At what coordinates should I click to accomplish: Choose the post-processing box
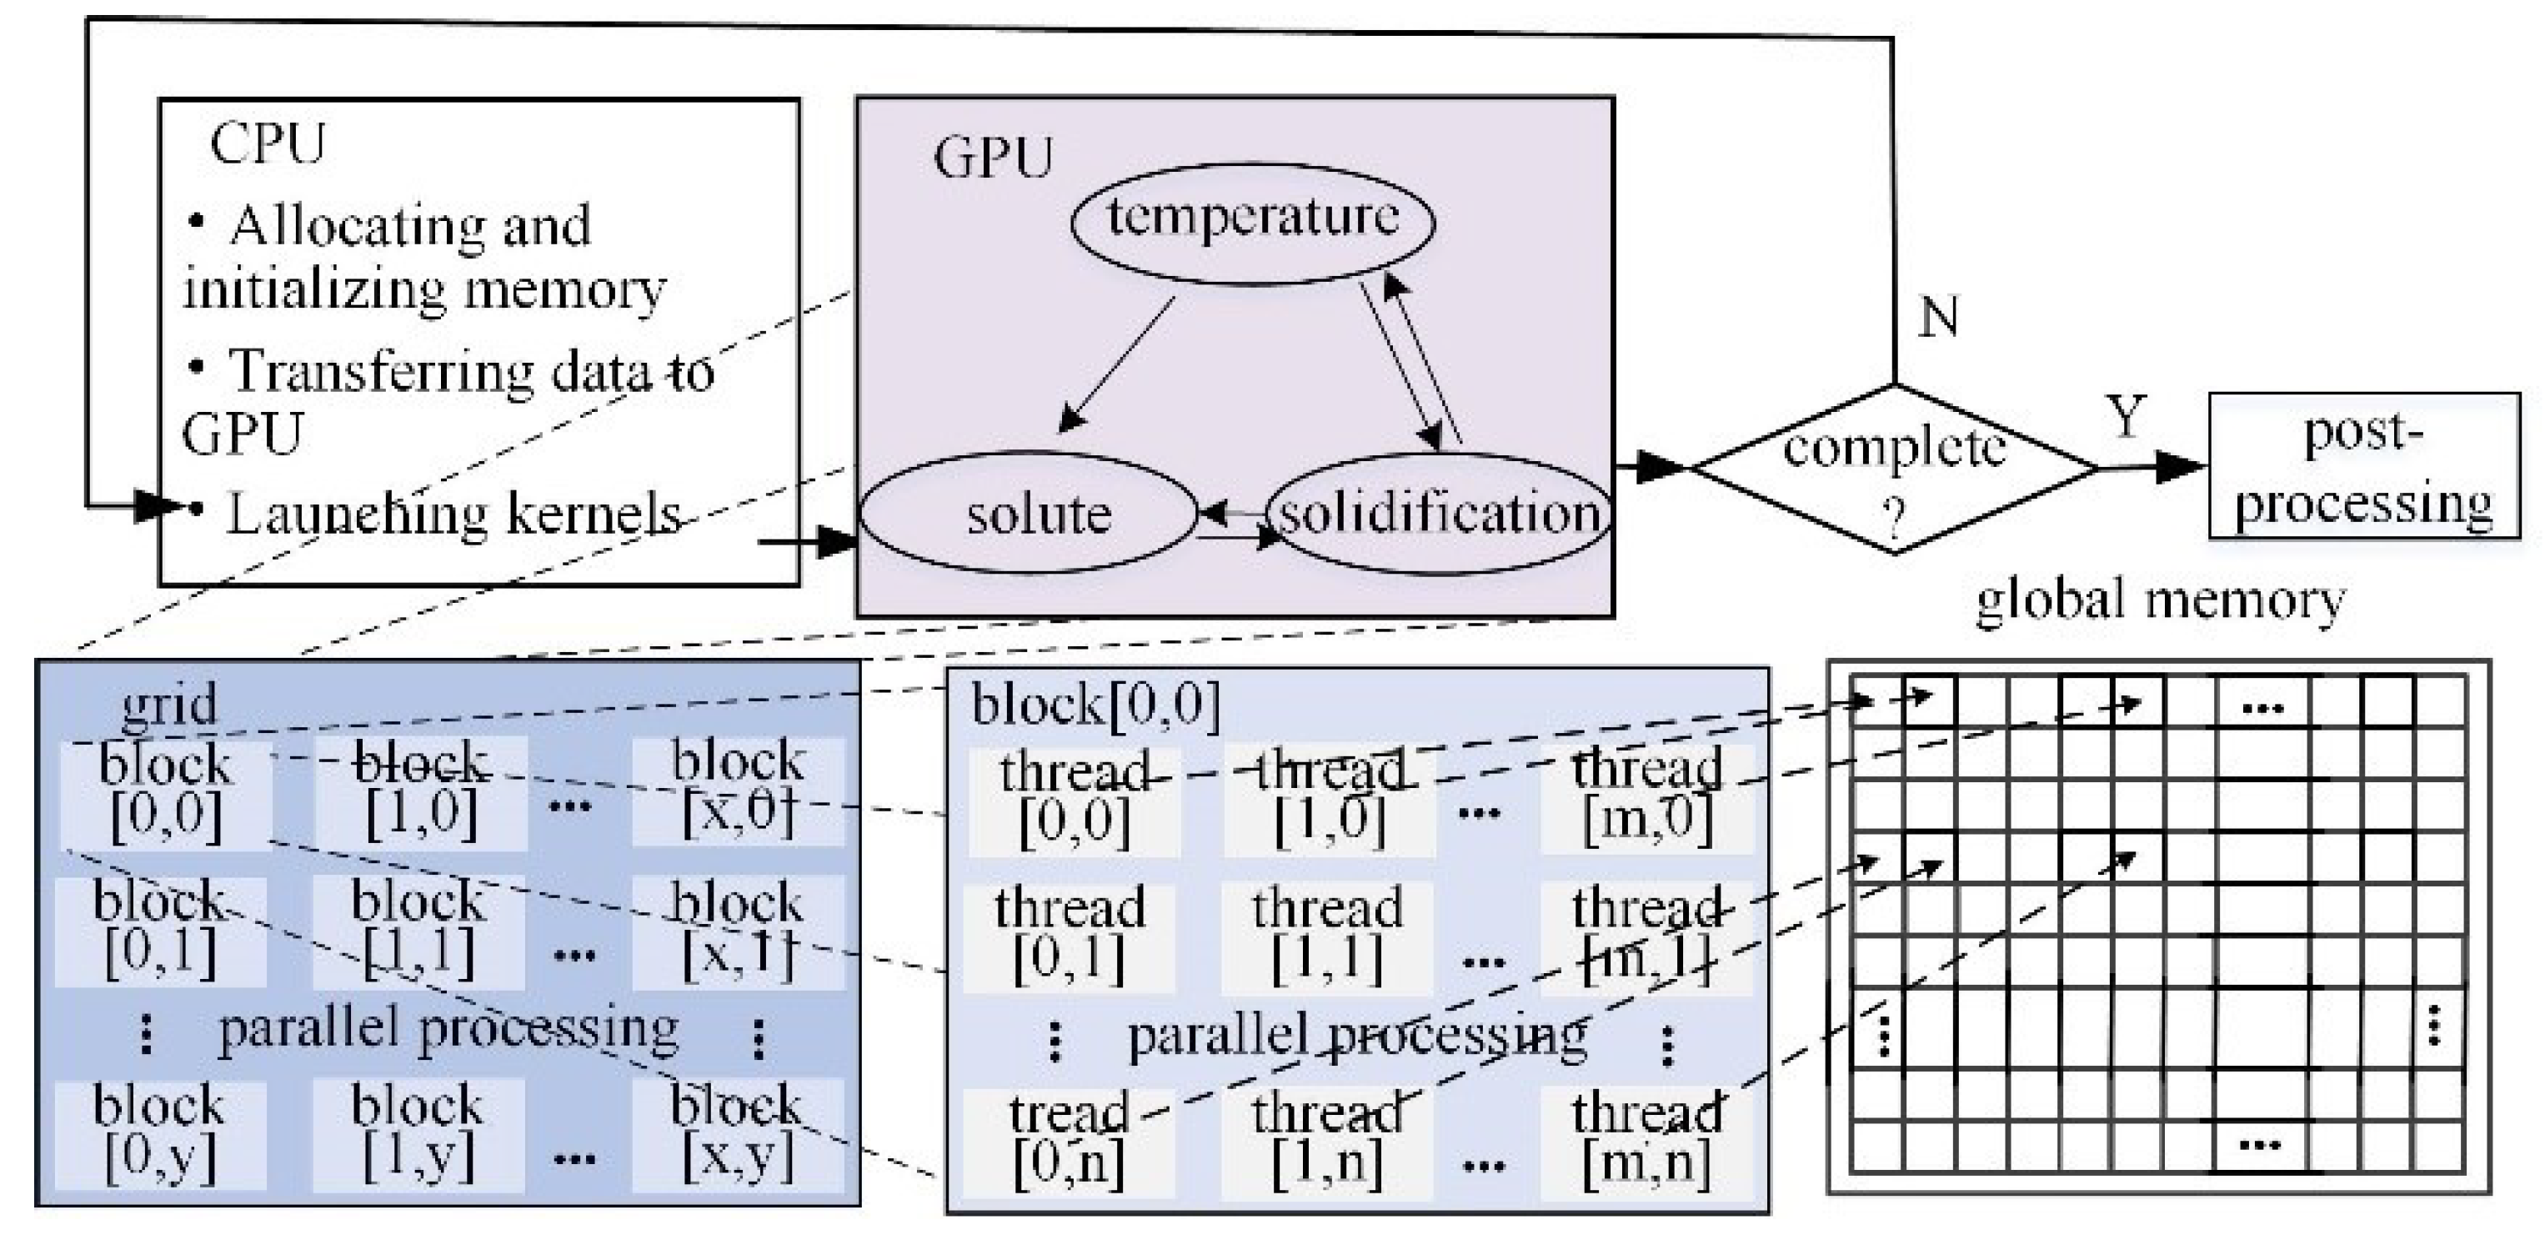tap(2363, 466)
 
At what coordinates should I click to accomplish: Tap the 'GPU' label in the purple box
tap(993, 158)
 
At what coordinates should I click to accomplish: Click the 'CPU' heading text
tap(267, 144)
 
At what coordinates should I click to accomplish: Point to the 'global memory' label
tap(2160, 600)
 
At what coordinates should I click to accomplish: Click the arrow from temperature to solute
tap(1116, 365)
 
